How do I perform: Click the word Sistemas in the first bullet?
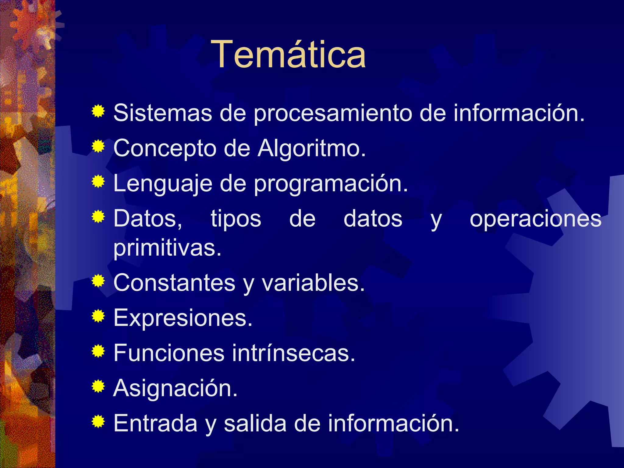pos(162,113)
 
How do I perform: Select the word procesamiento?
pos(333,113)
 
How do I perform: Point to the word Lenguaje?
pos(162,184)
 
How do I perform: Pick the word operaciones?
pos(535,219)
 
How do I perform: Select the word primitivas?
pos(167,248)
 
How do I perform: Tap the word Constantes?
pos(174,283)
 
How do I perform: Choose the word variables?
pos(313,283)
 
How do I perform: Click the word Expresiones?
pos(183,318)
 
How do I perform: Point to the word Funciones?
pos(169,353)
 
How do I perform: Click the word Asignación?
pos(175,388)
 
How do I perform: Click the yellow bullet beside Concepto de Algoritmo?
pos(98,146)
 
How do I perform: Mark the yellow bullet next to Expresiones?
pos(98,316)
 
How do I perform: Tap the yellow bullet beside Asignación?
pos(98,386)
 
